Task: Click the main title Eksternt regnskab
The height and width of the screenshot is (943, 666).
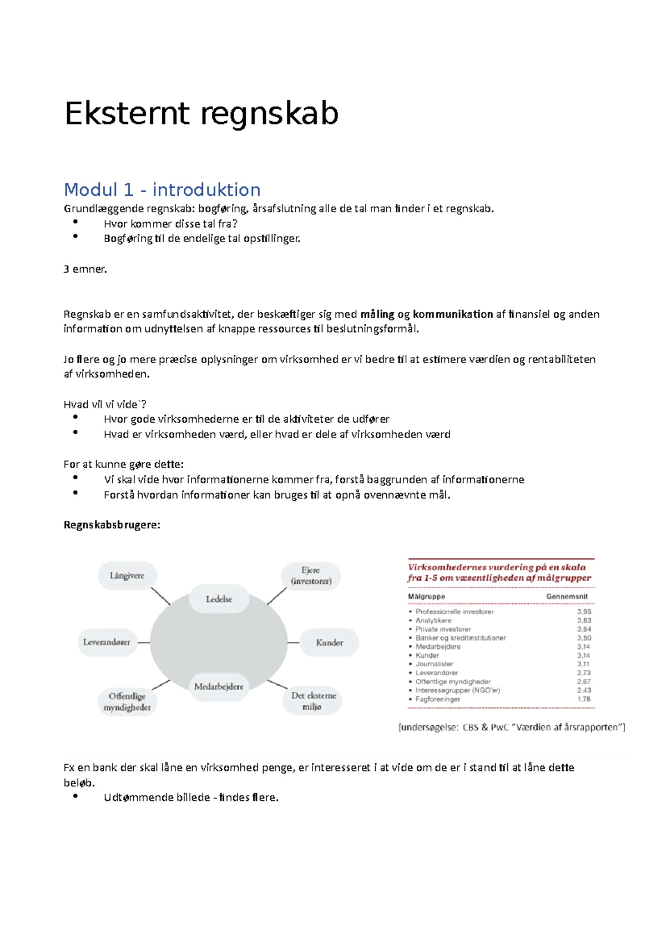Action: (201, 114)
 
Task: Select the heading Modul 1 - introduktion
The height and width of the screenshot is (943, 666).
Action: (162, 190)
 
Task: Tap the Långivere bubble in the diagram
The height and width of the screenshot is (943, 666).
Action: (127, 576)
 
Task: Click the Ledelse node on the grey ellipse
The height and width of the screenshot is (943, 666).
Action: (219, 599)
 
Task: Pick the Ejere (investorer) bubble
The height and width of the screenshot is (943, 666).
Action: (311, 576)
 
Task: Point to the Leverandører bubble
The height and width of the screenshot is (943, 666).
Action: (107, 643)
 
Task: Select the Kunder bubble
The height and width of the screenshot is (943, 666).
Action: (329, 643)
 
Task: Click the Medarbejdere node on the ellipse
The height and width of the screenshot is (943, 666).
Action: (219, 687)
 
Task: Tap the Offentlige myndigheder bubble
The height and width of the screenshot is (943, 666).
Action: (127, 702)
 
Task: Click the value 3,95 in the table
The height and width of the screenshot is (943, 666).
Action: (584, 612)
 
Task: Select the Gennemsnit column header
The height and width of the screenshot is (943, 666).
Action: (567, 597)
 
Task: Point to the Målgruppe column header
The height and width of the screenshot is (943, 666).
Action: (426, 597)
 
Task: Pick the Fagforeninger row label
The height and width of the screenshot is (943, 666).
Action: (438, 700)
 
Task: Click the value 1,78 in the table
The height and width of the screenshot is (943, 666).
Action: (584, 700)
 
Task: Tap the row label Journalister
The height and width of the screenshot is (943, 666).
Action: (435, 664)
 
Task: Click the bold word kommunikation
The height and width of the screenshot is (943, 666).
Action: (453, 314)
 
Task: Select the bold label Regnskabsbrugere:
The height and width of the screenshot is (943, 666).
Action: (112, 525)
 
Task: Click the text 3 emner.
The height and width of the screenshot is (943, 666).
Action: (85, 269)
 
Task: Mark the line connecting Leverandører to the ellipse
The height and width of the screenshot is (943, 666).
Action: (144, 643)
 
